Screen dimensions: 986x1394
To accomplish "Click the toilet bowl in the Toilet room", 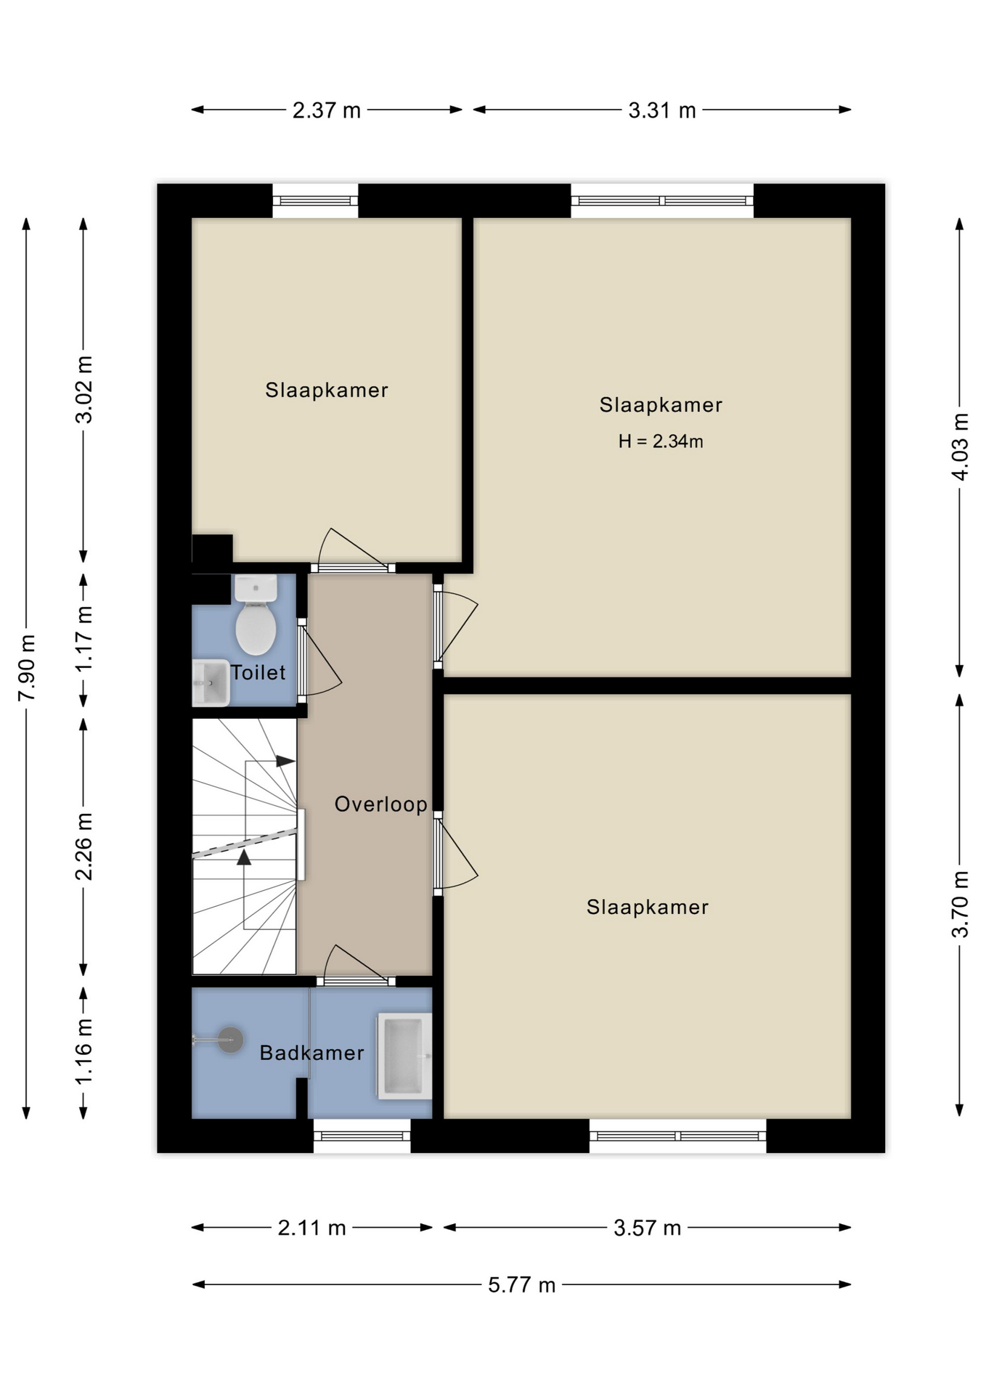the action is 256,615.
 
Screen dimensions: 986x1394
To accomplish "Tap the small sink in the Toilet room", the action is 211,682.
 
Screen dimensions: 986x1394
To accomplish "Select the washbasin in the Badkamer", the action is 404,1056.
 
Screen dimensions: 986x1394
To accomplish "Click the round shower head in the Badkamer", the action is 230,1040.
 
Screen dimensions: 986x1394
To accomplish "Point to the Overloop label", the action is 380,804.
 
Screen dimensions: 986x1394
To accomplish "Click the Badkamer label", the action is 311,1053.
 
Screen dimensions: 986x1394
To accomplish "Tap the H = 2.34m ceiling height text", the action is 661,441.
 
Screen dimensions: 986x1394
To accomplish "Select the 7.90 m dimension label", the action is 27,668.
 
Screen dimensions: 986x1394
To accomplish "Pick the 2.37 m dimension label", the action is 327,110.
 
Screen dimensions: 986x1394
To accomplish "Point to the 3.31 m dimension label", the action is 662,110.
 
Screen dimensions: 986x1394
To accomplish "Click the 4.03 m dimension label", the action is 960,447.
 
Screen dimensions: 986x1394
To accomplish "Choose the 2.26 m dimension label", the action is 84,847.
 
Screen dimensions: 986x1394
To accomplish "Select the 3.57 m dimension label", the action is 647,1228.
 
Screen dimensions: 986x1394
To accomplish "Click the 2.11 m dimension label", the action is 311,1228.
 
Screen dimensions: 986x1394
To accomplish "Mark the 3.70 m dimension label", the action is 960,905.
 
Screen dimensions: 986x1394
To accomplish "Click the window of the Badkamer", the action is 362,1136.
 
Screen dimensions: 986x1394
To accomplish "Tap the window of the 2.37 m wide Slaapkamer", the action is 315,201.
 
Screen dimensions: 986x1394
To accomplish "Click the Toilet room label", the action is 258,672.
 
